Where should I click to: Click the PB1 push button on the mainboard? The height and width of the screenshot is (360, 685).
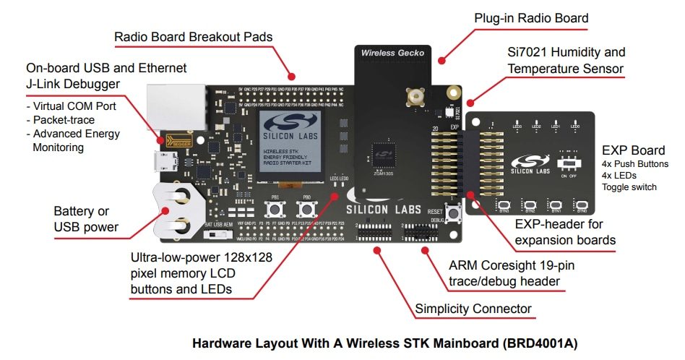click(275, 210)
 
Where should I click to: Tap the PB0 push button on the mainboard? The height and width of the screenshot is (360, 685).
click(307, 210)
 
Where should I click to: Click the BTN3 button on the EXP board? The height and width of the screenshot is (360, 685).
click(504, 205)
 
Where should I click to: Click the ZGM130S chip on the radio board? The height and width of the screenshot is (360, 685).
click(382, 153)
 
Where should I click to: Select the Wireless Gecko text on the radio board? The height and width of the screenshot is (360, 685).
click(393, 53)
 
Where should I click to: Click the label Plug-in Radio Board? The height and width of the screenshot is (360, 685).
click(531, 18)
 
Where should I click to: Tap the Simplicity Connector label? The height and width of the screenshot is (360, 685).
click(473, 309)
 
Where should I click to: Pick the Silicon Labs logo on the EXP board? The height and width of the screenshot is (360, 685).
click(530, 163)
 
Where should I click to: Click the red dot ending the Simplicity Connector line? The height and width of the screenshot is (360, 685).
click(376, 249)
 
